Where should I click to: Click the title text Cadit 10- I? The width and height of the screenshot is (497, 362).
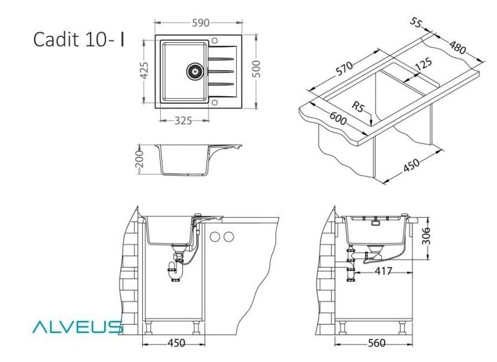click(x=79, y=39)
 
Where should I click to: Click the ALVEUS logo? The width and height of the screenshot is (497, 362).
click(x=77, y=326)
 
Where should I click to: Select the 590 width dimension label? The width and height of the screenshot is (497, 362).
click(x=200, y=23)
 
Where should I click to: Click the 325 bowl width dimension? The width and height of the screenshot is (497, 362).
click(x=183, y=121)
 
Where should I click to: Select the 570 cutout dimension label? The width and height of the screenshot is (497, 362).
click(x=345, y=68)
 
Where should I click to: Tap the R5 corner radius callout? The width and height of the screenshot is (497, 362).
click(x=358, y=107)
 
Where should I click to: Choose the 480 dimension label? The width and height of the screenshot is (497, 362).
click(x=457, y=46)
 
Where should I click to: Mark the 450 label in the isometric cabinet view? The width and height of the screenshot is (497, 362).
click(x=411, y=166)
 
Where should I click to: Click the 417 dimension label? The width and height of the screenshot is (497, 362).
click(x=383, y=272)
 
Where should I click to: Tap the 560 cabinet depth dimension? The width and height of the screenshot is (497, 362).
click(x=376, y=343)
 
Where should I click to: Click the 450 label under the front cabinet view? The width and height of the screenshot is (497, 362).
click(x=176, y=343)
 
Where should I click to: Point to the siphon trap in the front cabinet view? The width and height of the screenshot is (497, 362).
click(x=174, y=268)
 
